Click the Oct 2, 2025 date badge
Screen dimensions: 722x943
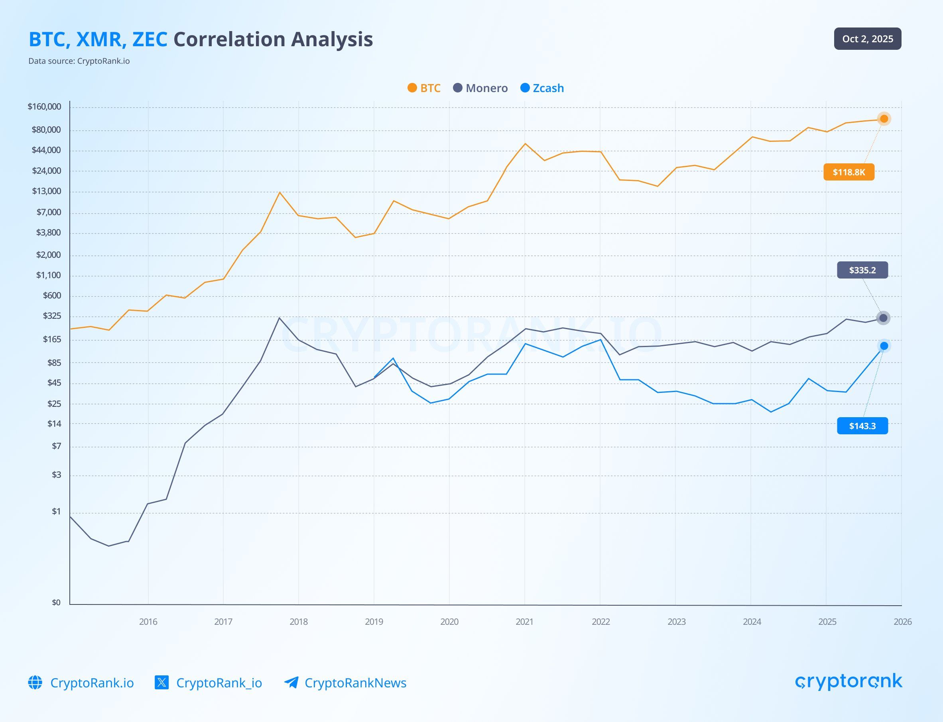coord(867,39)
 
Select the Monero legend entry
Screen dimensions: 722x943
coord(480,88)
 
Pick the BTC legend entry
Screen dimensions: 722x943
coord(424,88)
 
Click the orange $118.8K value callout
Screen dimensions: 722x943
coord(849,172)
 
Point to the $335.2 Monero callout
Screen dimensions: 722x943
coord(862,270)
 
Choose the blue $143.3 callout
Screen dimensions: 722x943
coord(862,426)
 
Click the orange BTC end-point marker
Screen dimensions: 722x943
coord(884,119)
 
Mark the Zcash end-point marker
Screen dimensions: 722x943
coord(884,346)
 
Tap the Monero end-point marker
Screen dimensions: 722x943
coord(883,318)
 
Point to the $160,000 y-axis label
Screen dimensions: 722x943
coord(44,106)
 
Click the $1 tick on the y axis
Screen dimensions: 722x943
coord(56,512)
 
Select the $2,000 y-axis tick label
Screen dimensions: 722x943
coord(48,255)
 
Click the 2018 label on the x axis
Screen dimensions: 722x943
coord(298,622)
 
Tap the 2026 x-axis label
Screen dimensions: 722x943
coord(902,622)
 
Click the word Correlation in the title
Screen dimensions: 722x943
coord(229,39)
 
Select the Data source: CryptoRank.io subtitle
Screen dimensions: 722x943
coord(79,61)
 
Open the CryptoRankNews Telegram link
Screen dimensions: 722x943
coord(355,683)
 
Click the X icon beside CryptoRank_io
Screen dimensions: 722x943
coord(161,683)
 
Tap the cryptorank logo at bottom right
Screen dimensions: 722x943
coord(849,682)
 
